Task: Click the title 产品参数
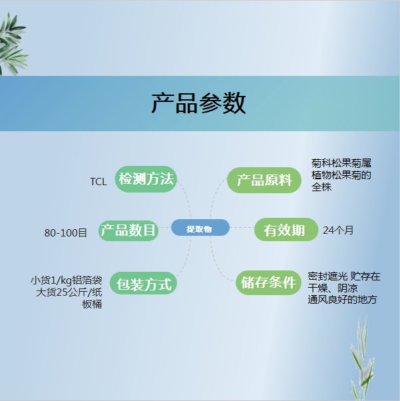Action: click(198, 103)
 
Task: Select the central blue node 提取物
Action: click(200, 227)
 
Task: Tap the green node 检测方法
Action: click(146, 179)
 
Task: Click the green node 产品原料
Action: click(264, 180)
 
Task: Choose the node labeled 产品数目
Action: click(128, 230)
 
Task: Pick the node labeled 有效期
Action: click(286, 229)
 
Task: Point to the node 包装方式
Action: click(143, 283)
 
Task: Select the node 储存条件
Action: click(268, 282)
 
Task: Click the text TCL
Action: click(99, 182)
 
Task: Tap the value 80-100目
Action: click(66, 232)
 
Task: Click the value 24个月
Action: click(338, 230)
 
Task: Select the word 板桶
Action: click(92, 304)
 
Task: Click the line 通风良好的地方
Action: click(342, 300)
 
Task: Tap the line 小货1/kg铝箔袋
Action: click(67, 280)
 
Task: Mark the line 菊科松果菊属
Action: click(341, 163)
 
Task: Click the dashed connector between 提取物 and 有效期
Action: click(242, 227)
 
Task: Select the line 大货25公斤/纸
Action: click(69, 292)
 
